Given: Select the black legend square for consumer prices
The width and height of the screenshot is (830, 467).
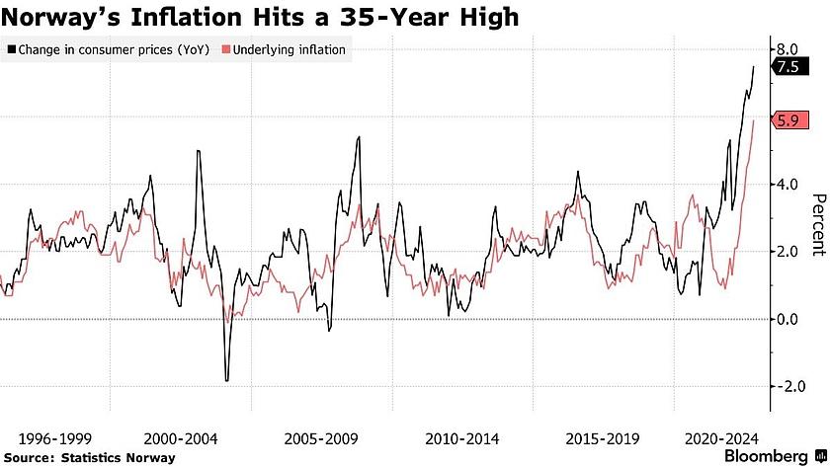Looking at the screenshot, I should tap(11, 49).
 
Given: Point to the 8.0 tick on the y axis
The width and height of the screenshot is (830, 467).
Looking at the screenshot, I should tap(788, 48).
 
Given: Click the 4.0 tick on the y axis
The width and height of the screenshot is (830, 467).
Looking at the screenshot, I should tap(788, 184).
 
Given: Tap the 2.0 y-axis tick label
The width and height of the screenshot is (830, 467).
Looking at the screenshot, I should tap(788, 252).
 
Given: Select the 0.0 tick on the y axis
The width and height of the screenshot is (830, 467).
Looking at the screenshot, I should tap(788, 319).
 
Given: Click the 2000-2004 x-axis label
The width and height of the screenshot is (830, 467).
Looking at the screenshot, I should tap(183, 437).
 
